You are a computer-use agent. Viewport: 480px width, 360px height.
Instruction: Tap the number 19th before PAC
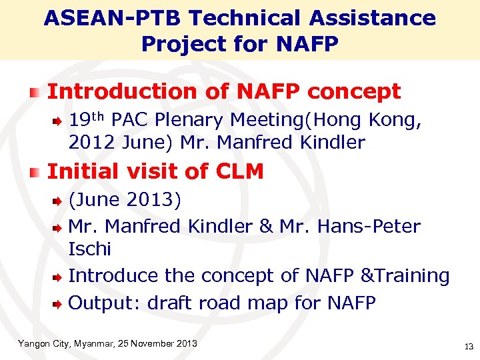click(87, 120)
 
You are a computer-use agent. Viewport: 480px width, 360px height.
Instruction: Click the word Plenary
click(191, 120)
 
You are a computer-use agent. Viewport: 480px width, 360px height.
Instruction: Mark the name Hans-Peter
click(369, 226)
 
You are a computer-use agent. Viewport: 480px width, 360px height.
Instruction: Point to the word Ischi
click(89, 249)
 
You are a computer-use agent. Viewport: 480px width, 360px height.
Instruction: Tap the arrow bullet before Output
click(59, 304)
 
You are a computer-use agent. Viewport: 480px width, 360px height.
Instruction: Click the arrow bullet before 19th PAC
click(59, 121)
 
